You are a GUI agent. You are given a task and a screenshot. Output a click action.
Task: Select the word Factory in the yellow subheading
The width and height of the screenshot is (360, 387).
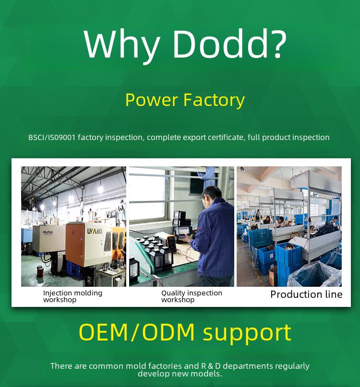214,100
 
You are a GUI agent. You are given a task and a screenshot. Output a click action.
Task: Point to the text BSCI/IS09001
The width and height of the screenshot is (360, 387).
52,137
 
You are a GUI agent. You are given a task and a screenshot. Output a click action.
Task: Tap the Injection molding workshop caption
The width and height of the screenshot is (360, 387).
72,296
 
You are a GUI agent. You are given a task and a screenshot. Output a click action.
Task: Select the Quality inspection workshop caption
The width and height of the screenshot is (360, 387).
192,296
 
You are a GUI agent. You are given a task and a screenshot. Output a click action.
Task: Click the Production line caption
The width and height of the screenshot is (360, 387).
306,294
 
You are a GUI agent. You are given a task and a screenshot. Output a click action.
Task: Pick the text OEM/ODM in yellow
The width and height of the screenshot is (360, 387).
137,332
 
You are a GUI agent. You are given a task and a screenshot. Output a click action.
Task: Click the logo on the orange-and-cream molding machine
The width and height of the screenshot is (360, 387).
95,231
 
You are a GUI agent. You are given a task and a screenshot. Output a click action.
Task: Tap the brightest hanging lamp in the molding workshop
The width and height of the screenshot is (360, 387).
100,189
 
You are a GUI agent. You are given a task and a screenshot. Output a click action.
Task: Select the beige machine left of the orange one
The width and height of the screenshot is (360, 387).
49,239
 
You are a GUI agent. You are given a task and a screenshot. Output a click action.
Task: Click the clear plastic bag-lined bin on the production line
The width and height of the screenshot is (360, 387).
314,274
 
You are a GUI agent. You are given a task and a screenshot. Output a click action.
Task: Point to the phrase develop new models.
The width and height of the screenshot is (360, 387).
180,374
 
